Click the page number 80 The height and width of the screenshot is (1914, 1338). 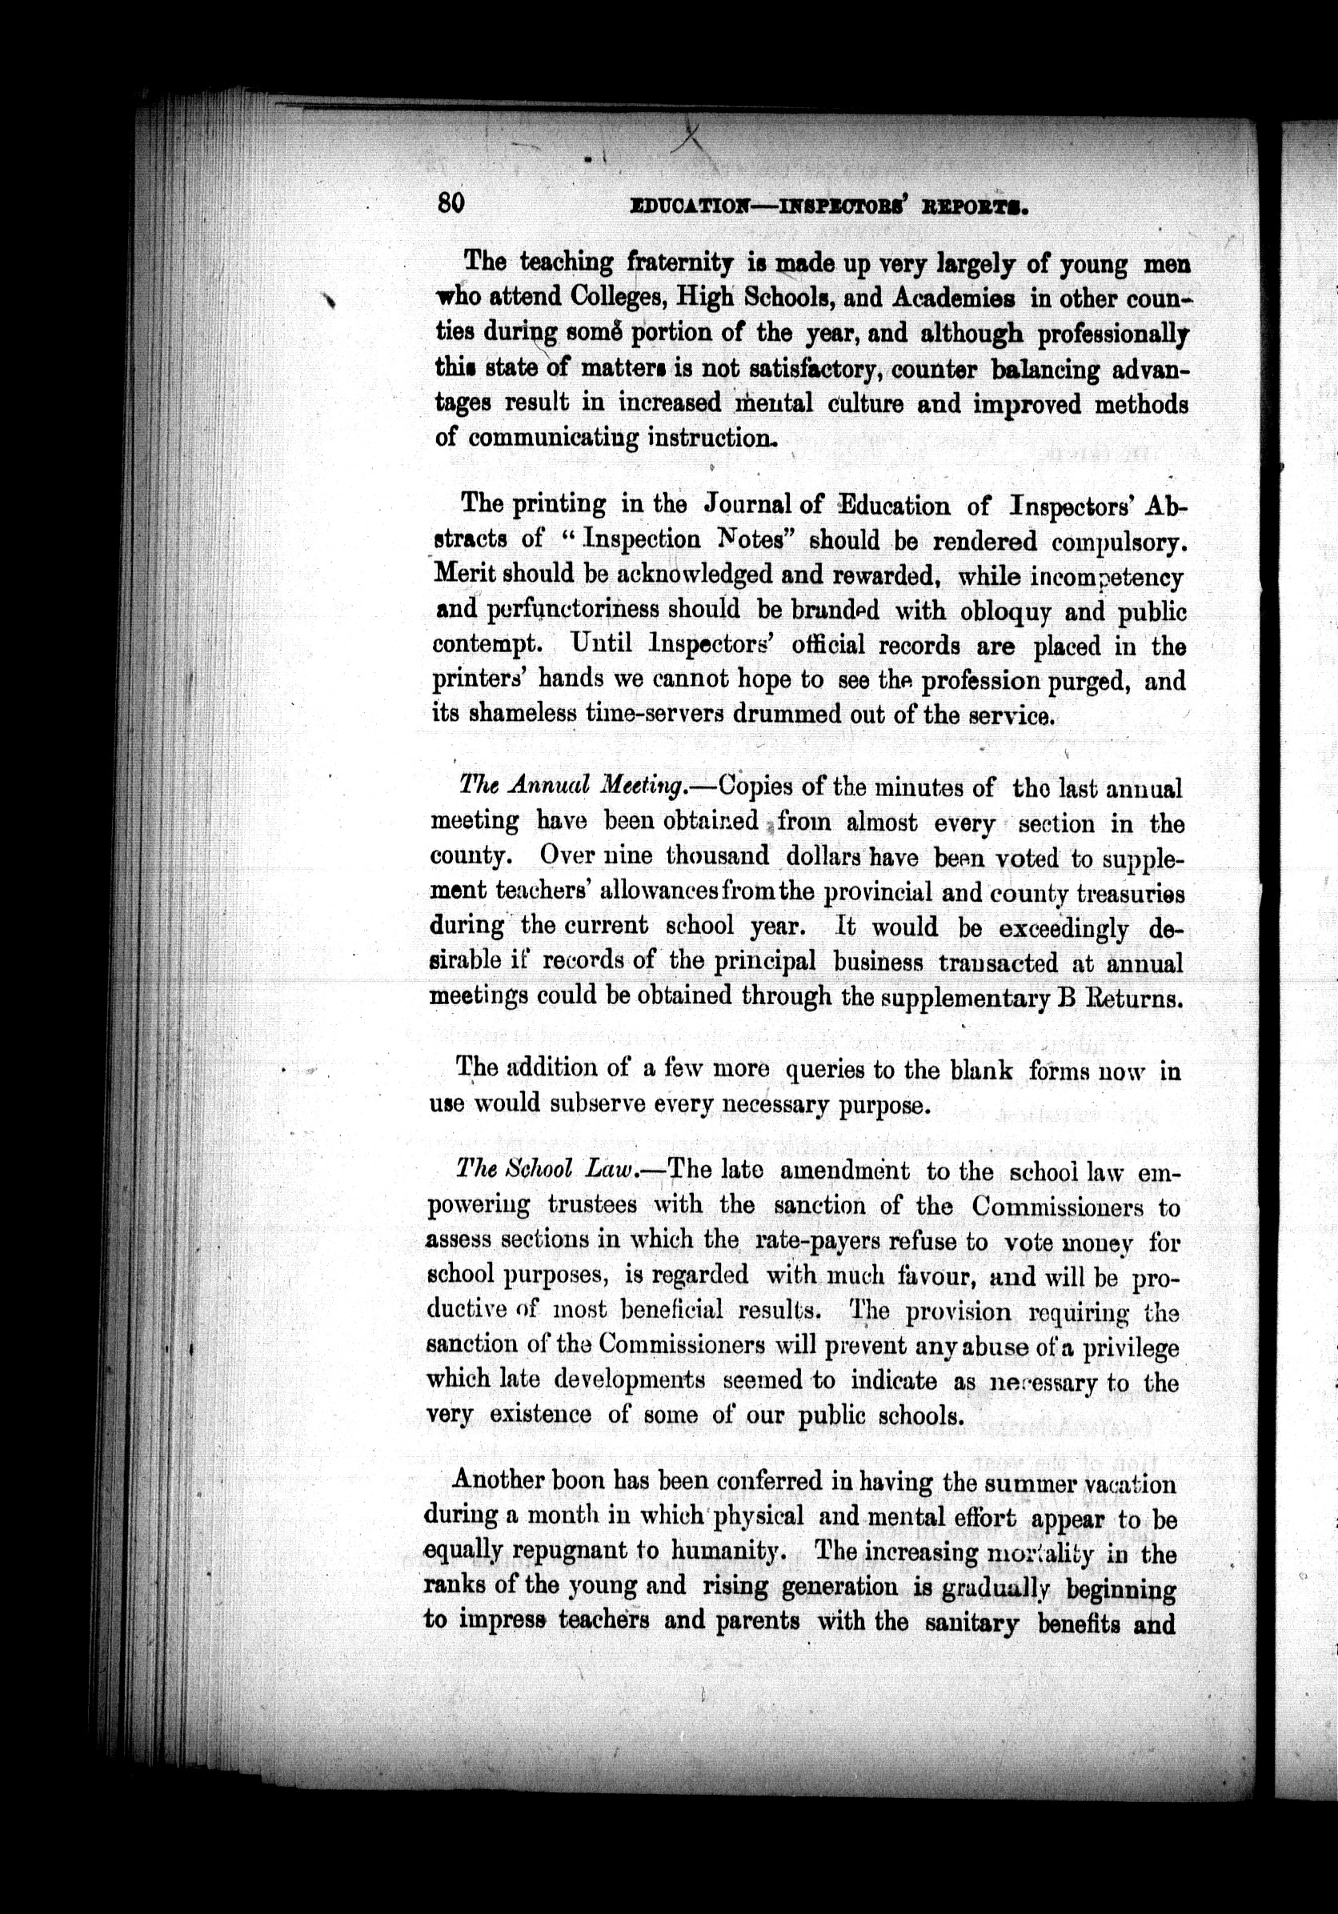click(x=451, y=202)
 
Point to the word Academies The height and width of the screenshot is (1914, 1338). click(x=942, y=298)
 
